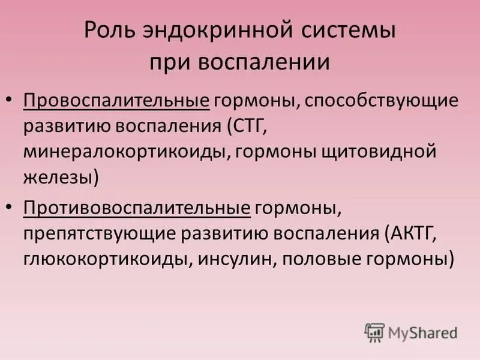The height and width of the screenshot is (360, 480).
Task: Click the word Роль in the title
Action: coord(107,32)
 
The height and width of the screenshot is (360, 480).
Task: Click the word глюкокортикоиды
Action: coord(104,260)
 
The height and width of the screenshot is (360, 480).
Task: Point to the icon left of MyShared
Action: coord(374,332)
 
